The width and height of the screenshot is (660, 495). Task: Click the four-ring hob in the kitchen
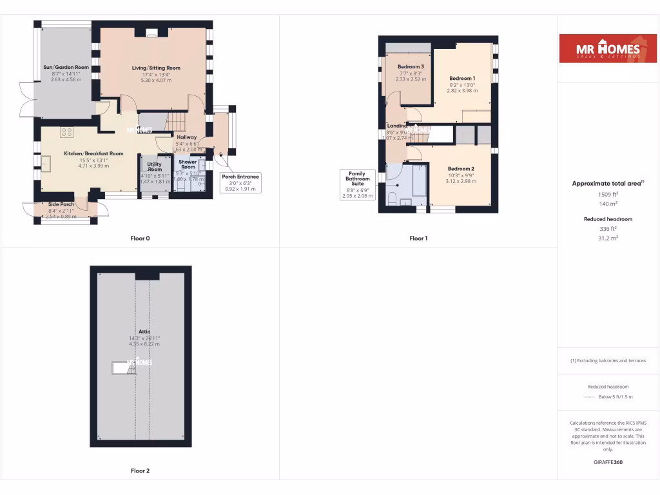[x=66, y=132]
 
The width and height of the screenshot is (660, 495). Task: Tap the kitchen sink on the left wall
[x=47, y=163]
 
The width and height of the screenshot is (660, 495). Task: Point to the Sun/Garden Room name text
[x=66, y=67]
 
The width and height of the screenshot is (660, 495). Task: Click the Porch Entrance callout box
[x=240, y=182]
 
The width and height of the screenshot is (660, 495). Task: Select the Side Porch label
[x=62, y=204]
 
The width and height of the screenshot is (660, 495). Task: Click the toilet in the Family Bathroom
[x=392, y=198]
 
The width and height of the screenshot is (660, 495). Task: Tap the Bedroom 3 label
[x=411, y=67]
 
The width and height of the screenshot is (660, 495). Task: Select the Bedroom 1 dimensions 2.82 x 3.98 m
[x=462, y=91]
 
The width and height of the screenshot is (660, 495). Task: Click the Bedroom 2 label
[x=461, y=169]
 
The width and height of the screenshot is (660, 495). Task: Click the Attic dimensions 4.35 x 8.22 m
[x=144, y=344]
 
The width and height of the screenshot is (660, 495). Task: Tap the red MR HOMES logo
[x=602, y=49]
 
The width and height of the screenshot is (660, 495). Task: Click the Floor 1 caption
[x=418, y=238]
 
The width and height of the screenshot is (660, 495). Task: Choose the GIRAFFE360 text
[x=608, y=462]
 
